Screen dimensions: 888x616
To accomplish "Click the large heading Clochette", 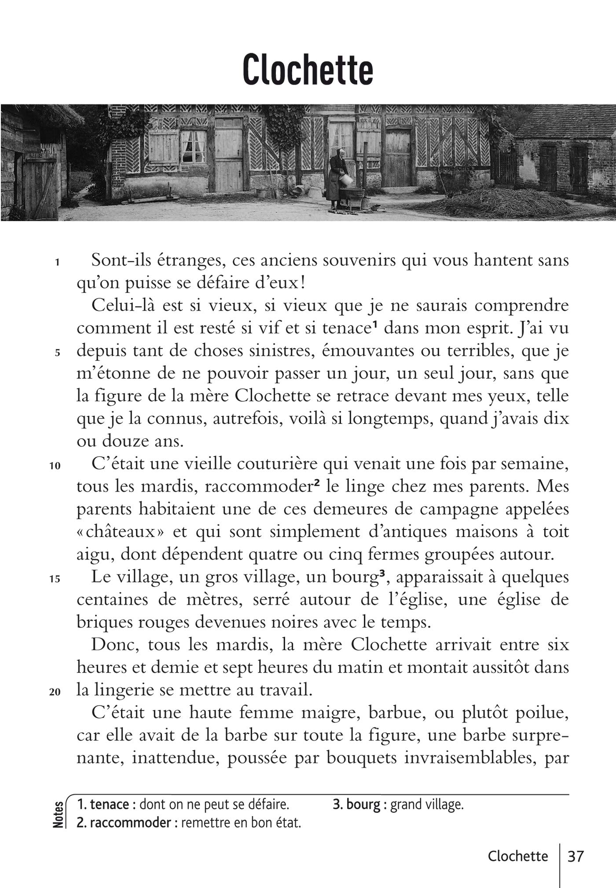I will coord(308,70).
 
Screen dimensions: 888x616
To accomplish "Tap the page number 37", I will coord(576,856).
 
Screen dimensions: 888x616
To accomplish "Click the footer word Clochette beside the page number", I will coord(518,856).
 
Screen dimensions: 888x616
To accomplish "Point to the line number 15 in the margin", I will coord(55,579).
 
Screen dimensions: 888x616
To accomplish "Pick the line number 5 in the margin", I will coord(57,353).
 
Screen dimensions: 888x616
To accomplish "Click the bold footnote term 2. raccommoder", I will coord(124,822).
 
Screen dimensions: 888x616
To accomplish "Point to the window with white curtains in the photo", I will coord(193,146).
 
